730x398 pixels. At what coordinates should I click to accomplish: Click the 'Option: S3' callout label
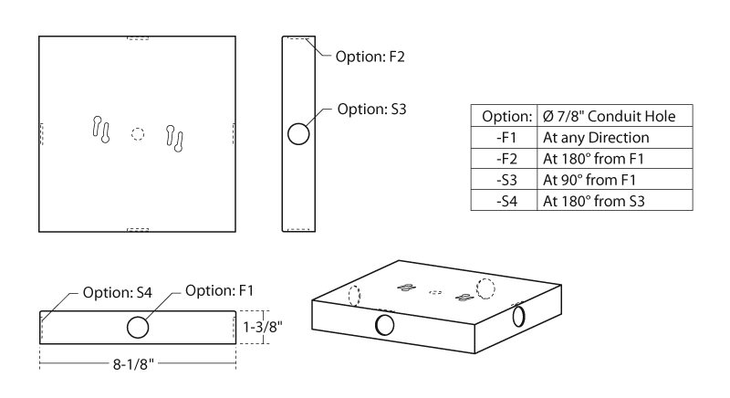371,109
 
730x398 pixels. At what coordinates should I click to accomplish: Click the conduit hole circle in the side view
298,134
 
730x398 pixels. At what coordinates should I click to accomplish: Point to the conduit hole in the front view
138,327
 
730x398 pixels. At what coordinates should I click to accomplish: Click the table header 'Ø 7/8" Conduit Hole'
607,118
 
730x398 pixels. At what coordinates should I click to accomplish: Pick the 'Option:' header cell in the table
502,118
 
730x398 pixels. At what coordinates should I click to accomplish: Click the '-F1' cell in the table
502,138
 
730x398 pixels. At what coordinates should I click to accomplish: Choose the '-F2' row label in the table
502,159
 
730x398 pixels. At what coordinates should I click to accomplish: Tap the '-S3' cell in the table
502,180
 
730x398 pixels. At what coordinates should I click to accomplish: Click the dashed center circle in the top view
138,133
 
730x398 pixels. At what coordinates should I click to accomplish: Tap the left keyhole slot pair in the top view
101,130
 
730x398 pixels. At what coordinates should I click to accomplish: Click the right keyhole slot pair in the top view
175,137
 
